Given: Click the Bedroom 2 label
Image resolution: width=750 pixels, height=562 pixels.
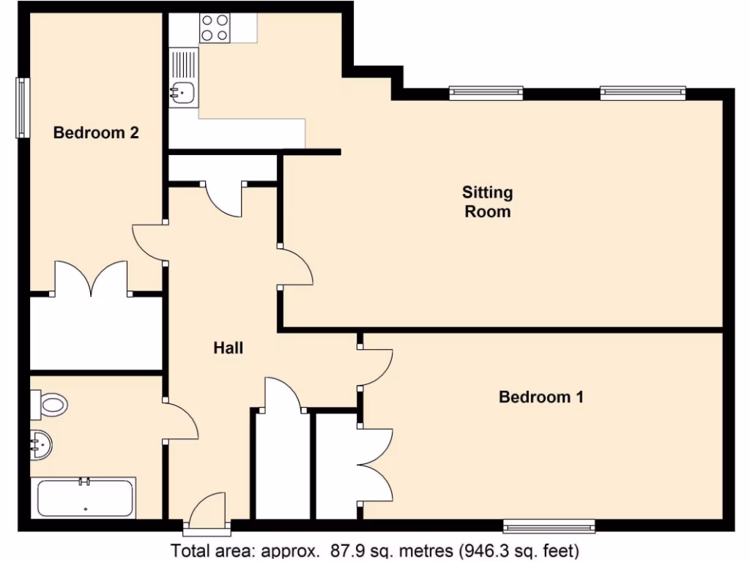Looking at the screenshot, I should coord(96,132).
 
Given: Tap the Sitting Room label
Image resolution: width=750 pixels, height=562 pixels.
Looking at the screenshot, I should coord(487,202).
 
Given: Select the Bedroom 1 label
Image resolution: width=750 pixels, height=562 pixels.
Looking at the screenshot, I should coord(541,397).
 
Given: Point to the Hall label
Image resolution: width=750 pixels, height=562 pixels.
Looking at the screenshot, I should coord(228,348).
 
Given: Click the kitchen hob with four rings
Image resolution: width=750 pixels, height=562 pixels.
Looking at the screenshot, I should coord(215,28).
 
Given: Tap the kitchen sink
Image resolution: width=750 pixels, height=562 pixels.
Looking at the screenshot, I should coord(182,92).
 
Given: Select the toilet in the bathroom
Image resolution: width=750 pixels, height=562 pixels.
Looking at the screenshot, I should coord(49,402).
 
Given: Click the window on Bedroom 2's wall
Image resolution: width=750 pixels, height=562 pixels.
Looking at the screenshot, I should coord(23,108).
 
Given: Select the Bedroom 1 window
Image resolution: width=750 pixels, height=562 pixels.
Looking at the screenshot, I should coord(549,525).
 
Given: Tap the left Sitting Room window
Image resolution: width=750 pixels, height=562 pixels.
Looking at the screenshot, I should coord(486,92).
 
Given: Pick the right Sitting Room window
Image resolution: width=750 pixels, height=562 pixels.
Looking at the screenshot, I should coord(642,92).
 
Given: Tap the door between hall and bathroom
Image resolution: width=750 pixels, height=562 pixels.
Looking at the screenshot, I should coord(180,421).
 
